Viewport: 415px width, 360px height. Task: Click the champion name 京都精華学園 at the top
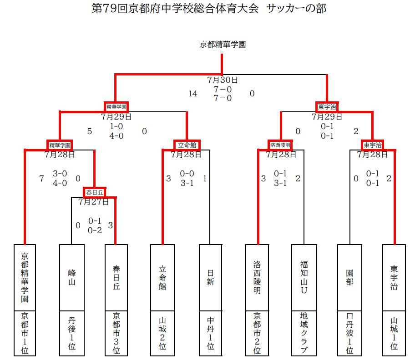pyautogui.click(x=223, y=45)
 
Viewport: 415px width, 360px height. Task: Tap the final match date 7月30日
pyautogui.click(x=223, y=80)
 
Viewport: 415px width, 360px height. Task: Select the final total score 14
pyautogui.click(x=192, y=94)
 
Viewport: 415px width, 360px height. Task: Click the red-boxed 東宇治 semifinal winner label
pyautogui.click(x=327, y=107)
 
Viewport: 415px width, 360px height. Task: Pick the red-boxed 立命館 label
pyautogui.click(x=187, y=145)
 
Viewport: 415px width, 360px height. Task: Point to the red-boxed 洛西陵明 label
pyautogui.click(x=280, y=145)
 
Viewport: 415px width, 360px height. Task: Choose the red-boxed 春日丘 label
pyautogui.click(x=95, y=192)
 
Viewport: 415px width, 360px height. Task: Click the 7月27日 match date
pyautogui.click(x=93, y=202)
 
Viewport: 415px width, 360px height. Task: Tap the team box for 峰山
pyautogui.click(x=72, y=278)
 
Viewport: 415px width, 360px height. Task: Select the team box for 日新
pyautogui.click(x=210, y=278)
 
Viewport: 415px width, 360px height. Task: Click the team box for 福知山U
pyautogui.click(x=304, y=278)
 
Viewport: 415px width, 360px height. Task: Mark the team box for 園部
pyautogui.click(x=349, y=278)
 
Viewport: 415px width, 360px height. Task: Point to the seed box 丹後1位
pyautogui.click(x=72, y=333)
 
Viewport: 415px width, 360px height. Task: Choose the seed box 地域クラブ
pyautogui.click(x=304, y=333)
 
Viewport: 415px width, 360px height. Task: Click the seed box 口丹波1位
pyautogui.click(x=349, y=333)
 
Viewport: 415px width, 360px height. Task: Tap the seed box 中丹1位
pyautogui.click(x=210, y=333)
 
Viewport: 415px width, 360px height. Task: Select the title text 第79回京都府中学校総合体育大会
pyautogui.click(x=175, y=9)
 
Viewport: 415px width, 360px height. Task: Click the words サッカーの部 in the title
pyautogui.click(x=296, y=9)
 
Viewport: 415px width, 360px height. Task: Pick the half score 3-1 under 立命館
pyautogui.click(x=187, y=183)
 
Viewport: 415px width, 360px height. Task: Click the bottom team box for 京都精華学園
pyautogui.click(x=25, y=278)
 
